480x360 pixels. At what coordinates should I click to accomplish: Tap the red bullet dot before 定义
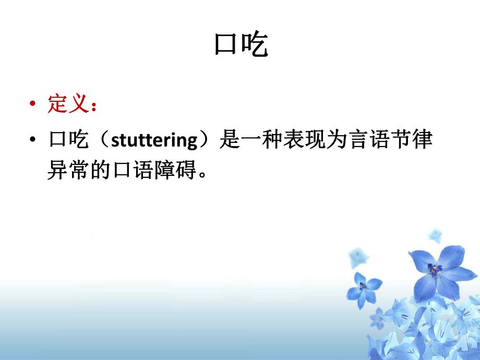(33, 105)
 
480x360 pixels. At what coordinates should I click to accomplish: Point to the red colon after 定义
(93, 106)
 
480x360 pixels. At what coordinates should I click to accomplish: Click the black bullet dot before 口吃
(33, 141)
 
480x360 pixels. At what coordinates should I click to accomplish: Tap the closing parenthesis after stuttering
(207, 141)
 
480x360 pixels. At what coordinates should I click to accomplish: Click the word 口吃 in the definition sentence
(66, 140)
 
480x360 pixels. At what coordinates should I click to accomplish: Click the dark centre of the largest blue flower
(433, 270)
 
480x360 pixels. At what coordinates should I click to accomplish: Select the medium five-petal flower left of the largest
(363, 288)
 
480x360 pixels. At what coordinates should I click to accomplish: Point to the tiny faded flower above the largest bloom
(434, 235)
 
